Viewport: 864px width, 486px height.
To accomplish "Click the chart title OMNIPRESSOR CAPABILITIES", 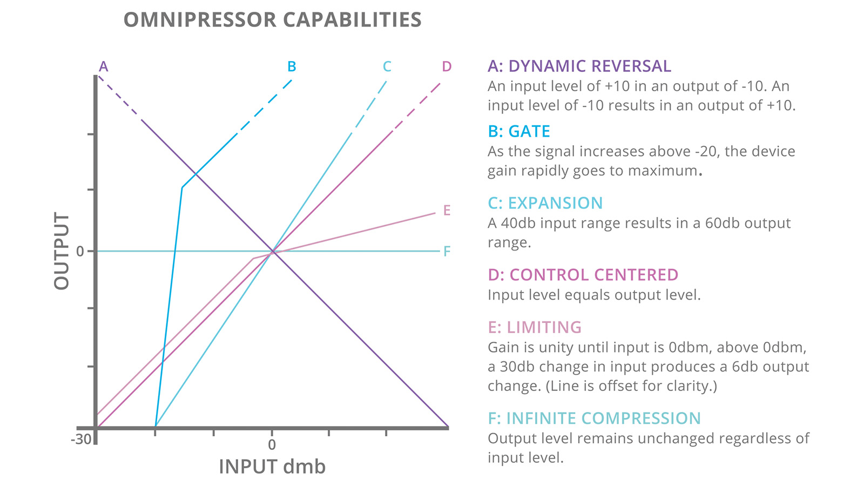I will point(272,20).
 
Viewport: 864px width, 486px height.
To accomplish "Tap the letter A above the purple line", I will point(103,66).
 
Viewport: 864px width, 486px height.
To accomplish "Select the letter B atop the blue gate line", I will point(292,66).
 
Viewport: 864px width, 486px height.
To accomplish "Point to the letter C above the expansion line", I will point(387,66).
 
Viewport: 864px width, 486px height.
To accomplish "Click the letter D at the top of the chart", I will point(447,66).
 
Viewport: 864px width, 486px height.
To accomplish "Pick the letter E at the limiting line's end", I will point(447,210).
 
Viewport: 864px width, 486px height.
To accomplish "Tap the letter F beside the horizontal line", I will point(447,251).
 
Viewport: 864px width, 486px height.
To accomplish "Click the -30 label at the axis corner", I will point(81,439).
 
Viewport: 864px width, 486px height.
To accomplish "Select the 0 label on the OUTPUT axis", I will point(80,251).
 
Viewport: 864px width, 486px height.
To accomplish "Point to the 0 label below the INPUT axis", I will point(272,444).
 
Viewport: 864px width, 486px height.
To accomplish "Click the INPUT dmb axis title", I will point(272,467).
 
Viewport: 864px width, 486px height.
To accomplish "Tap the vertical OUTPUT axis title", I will point(62,251).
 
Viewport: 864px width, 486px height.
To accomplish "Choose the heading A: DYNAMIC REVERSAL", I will point(579,66).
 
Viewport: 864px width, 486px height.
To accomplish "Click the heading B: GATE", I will point(518,131).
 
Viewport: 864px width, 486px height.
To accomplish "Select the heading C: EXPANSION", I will point(545,203).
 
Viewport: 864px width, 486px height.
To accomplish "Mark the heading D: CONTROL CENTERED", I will point(583,275).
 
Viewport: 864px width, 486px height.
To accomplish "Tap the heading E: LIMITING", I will point(534,327).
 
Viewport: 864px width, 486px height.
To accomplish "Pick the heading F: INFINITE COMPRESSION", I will point(594,418).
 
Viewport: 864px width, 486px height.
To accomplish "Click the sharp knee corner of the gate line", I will point(182,187).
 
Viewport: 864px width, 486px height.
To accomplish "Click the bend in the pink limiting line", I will point(253,259).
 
